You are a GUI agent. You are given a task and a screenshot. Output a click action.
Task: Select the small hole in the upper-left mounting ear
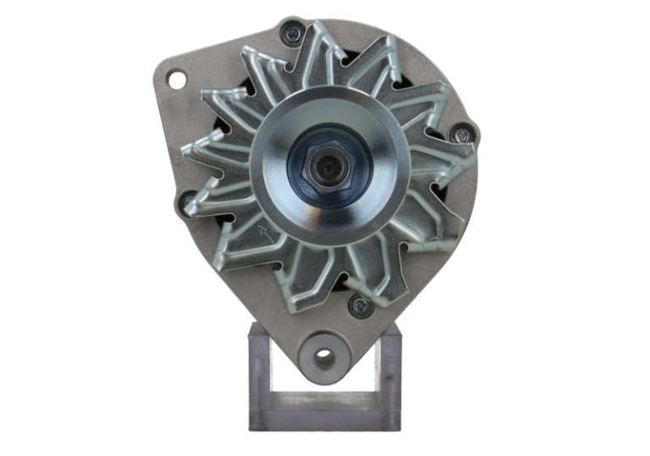(x=177, y=80)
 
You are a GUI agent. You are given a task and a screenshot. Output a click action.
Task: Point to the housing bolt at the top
(x=293, y=34)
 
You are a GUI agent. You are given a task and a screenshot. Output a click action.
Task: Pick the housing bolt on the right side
(x=461, y=134)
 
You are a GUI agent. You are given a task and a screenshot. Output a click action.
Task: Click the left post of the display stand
(x=259, y=373)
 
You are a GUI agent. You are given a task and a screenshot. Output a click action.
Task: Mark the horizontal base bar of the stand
(x=324, y=420)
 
